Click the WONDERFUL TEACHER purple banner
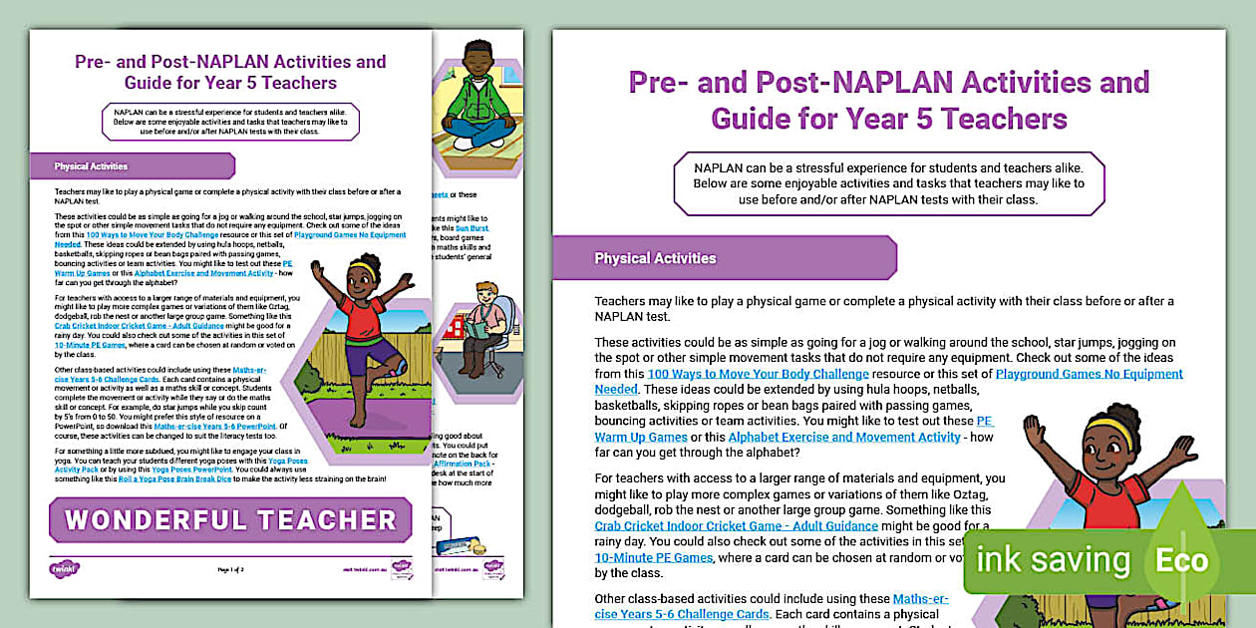tap(230, 519)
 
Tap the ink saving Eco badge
tap(1097, 560)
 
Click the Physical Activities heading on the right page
tap(655, 258)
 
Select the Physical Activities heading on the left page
tap(91, 166)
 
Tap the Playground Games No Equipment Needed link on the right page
tap(1089, 374)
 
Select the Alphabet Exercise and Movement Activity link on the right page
tap(844, 437)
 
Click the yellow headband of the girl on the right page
tap(1108, 430)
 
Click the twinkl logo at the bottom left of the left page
tap(64, 568)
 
